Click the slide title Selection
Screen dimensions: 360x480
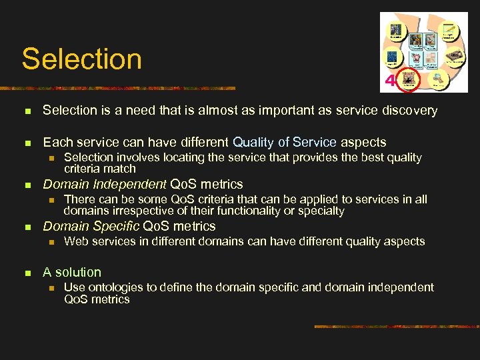pyautogui.click(x=82, y=59)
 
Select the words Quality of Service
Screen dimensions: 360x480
pyautogui.click(x=285, y=142)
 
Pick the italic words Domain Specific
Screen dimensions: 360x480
pyautogui.click(x=91, y=226)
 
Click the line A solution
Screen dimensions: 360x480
pyautogui.click(x=72, y=272)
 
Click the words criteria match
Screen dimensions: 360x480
pyautogui.click(x=99, y=169)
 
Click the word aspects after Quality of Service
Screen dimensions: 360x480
pyautogui.click(x=363, y=142)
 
